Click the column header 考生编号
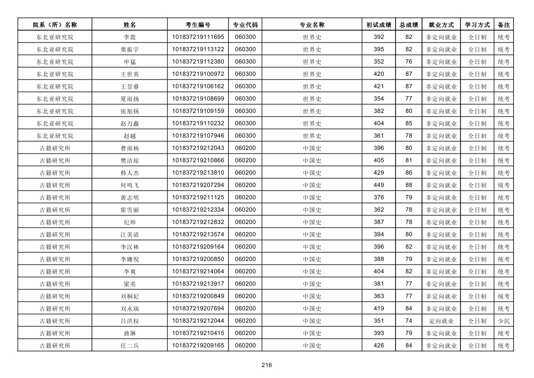pos(198,25)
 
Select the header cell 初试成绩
pos(379,25)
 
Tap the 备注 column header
pos(503,25)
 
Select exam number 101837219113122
pos(198,49)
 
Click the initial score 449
pos(379,185)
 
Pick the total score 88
pos(409,185)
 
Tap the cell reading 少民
pos(503,321)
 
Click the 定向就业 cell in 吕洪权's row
pos(441,321)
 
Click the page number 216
pos(267,365)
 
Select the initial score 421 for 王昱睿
pos(379,86)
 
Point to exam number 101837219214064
pos(198,272)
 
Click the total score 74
pos(409,321)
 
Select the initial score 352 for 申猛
pos(379,62)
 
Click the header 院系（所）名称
pos(55,25)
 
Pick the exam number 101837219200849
pos(198,296)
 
